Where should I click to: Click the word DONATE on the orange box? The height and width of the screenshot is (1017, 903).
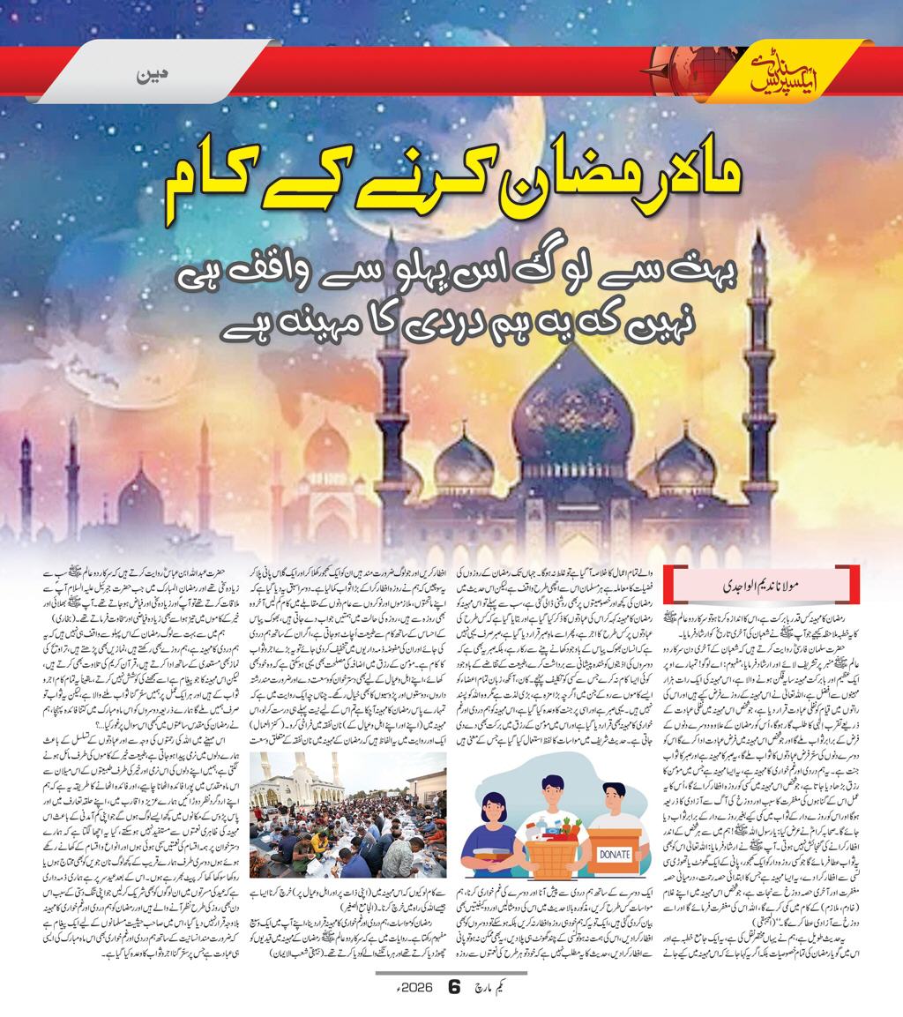614,855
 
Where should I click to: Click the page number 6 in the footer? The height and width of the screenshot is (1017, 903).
454,988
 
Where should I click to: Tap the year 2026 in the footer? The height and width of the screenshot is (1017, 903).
419,988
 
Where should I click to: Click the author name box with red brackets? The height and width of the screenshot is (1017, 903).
760,584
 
